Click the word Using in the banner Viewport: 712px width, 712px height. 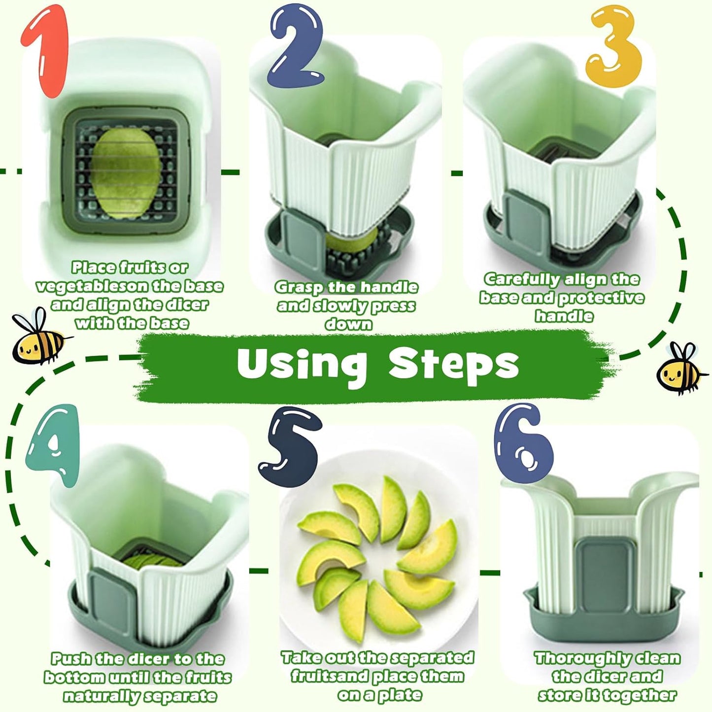pyautogui.click(x=302, y=364)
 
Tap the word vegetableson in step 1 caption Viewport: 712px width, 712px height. pyautogui.click(x=88, y=286)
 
